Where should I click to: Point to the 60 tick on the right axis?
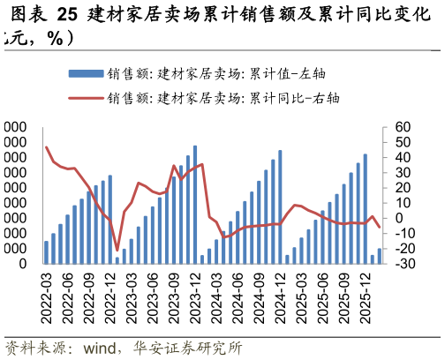click(x=402, y=128)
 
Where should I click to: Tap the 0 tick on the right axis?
click(x=397, y=218)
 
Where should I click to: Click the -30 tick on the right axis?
click(x=403, y=263)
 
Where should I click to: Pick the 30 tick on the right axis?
click(x=402, y=173)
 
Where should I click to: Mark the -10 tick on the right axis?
click(x=403, y=233)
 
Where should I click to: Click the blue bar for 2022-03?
click(x=46, y=251)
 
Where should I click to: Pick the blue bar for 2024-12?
click(x=281, y=206)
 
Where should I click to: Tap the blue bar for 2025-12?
click(x=366, y=209)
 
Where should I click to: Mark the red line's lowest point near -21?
click(x=117, y=251)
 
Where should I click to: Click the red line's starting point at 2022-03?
click(x=46, y=146)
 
